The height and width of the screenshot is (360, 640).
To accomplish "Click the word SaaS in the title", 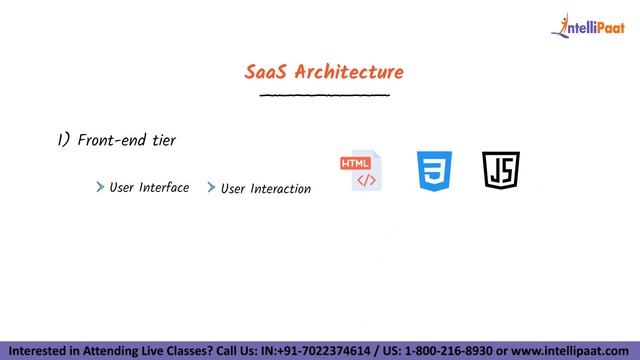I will coord(265,72).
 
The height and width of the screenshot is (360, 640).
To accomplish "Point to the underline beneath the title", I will coord(324,96).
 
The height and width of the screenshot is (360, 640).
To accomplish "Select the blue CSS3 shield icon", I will coord(434,171).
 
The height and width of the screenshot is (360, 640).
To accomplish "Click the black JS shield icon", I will coord(501,171).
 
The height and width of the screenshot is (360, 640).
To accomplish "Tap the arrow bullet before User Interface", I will coord(101,187).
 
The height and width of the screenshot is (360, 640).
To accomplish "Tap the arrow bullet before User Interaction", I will coord(211,188).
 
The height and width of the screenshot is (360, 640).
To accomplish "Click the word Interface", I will coord(164,187).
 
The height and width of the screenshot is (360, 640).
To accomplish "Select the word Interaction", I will coord(280,188).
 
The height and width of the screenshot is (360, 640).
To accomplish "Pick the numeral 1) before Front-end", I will coord(63,141).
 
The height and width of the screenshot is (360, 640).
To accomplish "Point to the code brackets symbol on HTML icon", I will coord(366,181).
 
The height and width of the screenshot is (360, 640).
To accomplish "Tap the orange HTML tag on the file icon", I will coord(355,163).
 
